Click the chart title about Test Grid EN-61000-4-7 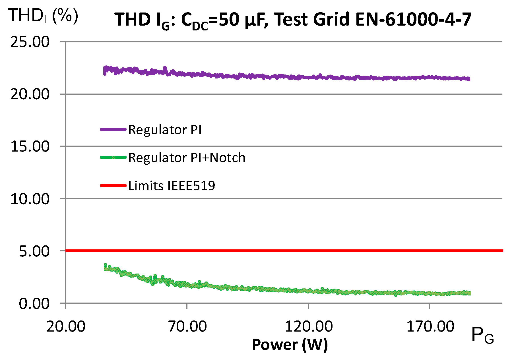[293, 20]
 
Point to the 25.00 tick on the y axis [30, 42]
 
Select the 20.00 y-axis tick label [30, 94]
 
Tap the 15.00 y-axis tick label [30, 146]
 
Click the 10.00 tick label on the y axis [30, 198]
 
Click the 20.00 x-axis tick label [66, 326]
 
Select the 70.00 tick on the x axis [187, 326]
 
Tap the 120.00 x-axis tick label [309, 326]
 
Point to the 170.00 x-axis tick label [430, 326]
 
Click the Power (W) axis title [290, 345]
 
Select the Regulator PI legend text [165, 130]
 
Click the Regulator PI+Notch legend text [187, 158]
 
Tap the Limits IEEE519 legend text [172, 186]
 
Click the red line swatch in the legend [113, 186]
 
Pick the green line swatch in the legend [113, 158]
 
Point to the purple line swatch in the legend [113, 130]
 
